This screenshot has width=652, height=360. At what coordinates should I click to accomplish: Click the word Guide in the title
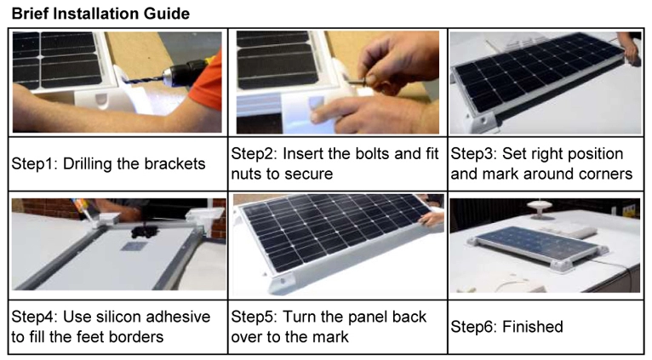pyautogui.click(x=168, y=14)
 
